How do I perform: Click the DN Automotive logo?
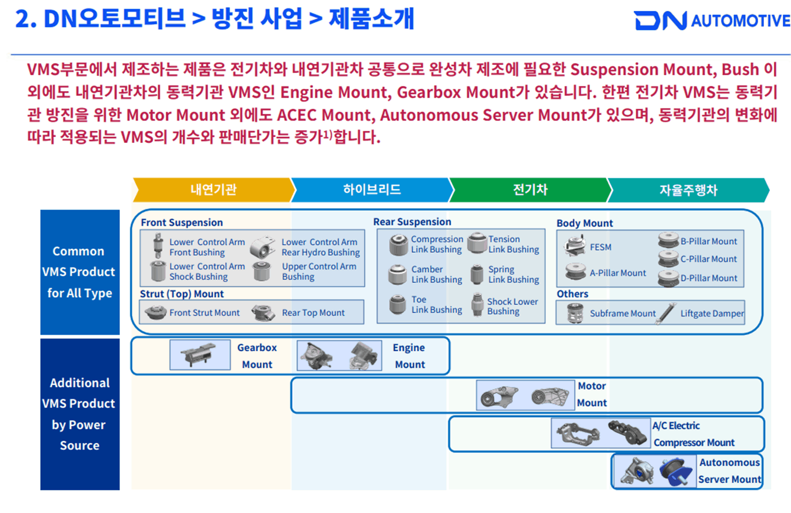tap(712, 21)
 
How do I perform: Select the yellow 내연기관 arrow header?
tap(213, 189)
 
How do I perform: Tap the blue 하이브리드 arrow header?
tap(372, 189)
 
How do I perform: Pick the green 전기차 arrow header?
tap(530, 189)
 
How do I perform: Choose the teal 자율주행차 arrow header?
tap(688, 190)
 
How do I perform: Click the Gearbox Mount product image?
tap(200, 355)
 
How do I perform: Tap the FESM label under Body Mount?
tap(600, 247)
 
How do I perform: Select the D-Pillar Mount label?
tap(709, 278)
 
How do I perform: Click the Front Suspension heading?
tap(182, 222)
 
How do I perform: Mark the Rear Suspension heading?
tap(412, 222)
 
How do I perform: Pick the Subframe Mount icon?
tap(575, 313)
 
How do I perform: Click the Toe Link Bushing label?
tap(436, 305)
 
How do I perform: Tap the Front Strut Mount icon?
tap(155, 312)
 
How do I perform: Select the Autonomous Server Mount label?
tap(730, 471)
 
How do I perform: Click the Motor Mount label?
tap(592, 394)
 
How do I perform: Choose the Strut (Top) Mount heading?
tap(182, 294)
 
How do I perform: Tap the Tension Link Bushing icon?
tap(477, 242)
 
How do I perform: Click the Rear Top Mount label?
tap(313, 312)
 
